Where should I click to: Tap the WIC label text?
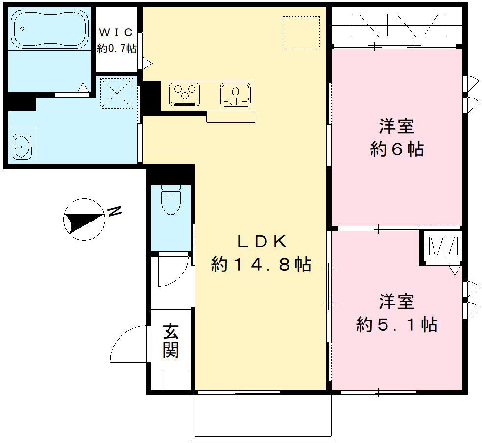point(116,33)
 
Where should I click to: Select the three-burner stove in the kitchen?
point(185,93)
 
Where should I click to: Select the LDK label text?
point(261,242)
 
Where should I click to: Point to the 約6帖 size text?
point(397,149)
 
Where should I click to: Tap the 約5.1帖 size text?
point(397,324)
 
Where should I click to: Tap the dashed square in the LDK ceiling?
point(301,32)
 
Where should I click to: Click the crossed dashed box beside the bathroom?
point(117,93)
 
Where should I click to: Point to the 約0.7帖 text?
point(116,49)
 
